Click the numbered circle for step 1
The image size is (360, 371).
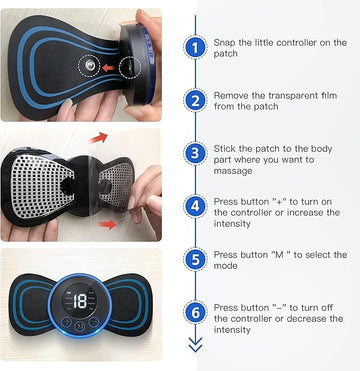pyautogui.click(x=194, y=47)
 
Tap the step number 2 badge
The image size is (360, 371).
pyautogui.click(x=194, y=100)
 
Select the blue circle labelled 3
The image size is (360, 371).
pyautogui.click(x=194, y=153)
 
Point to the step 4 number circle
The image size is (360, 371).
pyautogui.click(x=194, y=205)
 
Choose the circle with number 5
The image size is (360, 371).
pyautogui.click(x=194, y=258)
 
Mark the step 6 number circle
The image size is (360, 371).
pyautogui.click(x=194, y=312)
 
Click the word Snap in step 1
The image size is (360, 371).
pyautogui.click(x=225, y=42)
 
